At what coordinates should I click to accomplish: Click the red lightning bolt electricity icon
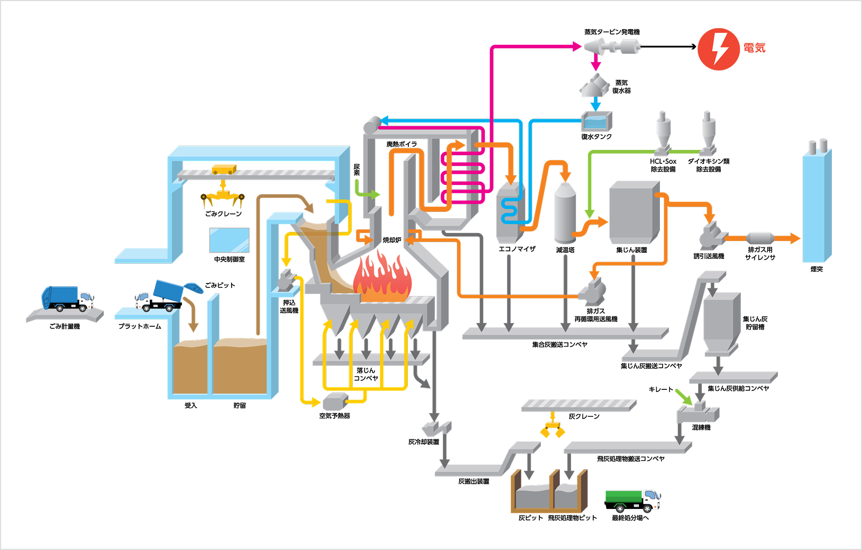pyautogui.click(x=719, y=49)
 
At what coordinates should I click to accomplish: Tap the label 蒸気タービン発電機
pyautogui.click(x=612, y=32)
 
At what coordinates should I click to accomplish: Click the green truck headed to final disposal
pyautogui.click(x=632, y=501)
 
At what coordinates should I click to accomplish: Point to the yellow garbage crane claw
pyautogui.click(x=223, y=196)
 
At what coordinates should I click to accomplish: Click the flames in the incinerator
pyautogui.click(x=382, y=277)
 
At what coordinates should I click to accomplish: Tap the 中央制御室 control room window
pyautogui.click(x=229, y=240)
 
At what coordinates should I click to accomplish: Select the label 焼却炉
pyautogui.click(x=392, y=240)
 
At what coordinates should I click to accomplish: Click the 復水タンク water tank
pyautogui.click(x=596, y=121)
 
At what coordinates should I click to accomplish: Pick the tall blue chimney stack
pyautogui.click(x=817, y=204)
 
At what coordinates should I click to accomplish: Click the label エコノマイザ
pyautogui.click(x=517, y=249)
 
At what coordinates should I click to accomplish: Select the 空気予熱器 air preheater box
pyautogui.click(x=335, y=402)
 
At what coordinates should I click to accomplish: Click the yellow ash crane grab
pyautogui.click(x=553, y=428)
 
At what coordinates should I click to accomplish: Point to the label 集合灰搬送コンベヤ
pyautogui.click(x=560, y=345)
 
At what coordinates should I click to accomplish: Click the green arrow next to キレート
pyautogui.click(x=684, y=397)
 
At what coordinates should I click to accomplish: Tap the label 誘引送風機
pyautogui.click(x=709, y=256)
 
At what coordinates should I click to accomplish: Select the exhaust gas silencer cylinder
pyautogui.click(x=760, y=238)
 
